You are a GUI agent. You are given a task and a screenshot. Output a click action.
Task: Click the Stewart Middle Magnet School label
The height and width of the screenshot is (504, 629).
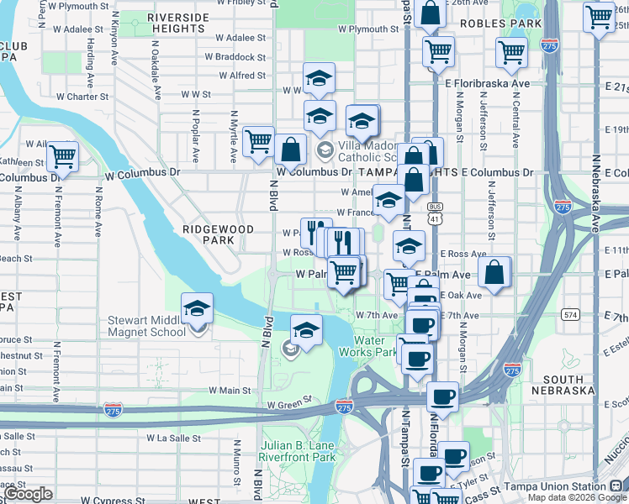146,326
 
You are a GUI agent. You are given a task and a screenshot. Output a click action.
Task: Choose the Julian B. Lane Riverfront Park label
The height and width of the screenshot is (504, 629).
285,451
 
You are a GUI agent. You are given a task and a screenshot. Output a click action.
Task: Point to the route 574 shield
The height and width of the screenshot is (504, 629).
571,314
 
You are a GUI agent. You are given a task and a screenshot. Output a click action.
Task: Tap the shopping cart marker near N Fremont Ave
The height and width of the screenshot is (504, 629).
63,156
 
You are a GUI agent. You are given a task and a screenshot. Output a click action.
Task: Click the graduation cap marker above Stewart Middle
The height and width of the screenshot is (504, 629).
197,308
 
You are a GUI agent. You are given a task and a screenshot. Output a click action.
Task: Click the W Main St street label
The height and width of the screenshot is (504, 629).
230,390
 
